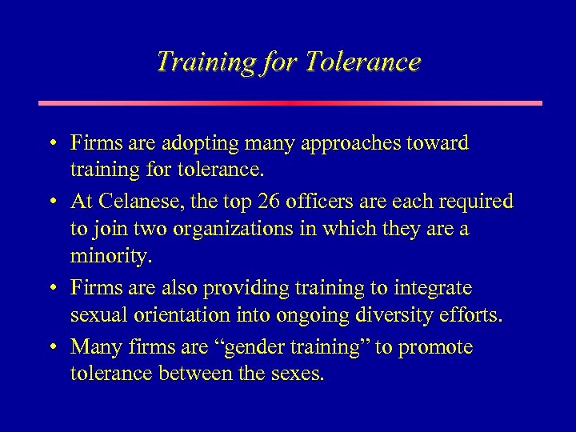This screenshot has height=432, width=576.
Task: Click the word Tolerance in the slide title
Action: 362,62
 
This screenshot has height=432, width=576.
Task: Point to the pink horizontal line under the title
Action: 290,102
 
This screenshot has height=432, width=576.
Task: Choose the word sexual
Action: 95,316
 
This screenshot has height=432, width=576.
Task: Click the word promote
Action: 437,347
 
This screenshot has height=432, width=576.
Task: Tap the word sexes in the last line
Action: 298,374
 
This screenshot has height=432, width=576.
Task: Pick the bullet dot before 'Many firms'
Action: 51,348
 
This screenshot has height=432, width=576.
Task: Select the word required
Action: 477,202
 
